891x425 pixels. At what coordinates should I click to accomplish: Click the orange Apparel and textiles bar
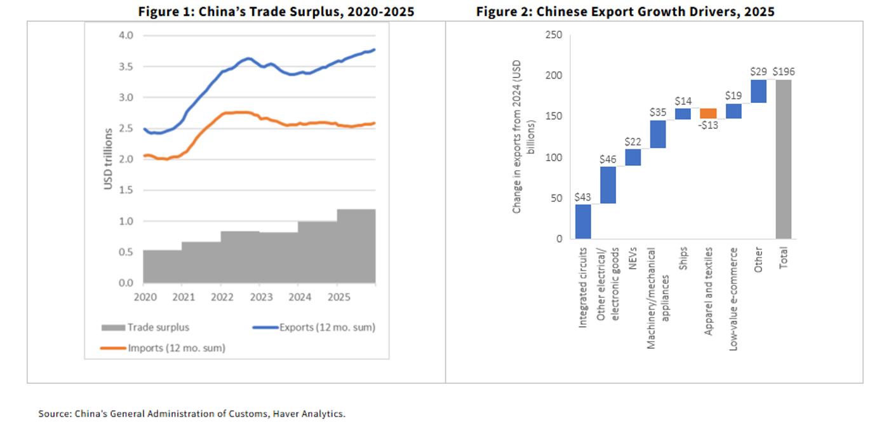point(708,113)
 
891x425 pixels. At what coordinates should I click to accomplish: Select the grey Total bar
point(783,159)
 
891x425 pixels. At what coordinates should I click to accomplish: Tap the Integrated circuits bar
point(583,221)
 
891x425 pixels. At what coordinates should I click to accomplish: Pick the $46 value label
point(608,159)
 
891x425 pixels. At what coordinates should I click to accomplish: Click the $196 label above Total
point(783,72)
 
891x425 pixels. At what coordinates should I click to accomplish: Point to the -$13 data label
point(709,125)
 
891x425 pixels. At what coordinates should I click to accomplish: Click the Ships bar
point(683,114)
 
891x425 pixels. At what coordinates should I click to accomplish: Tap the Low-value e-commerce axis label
point(733,281)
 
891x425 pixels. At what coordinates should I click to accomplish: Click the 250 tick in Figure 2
point(554,35)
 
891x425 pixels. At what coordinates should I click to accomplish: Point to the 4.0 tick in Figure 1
point(126,36)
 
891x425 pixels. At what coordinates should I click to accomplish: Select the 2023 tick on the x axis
point(259,296)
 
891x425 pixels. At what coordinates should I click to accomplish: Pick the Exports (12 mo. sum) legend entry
point(314,328)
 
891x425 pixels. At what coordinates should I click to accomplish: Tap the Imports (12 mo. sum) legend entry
point(163,348)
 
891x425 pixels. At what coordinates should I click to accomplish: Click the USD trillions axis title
point(109,159)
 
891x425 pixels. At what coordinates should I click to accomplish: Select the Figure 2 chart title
point(625,11)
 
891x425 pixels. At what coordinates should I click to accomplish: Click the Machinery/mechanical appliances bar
point(658,134)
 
